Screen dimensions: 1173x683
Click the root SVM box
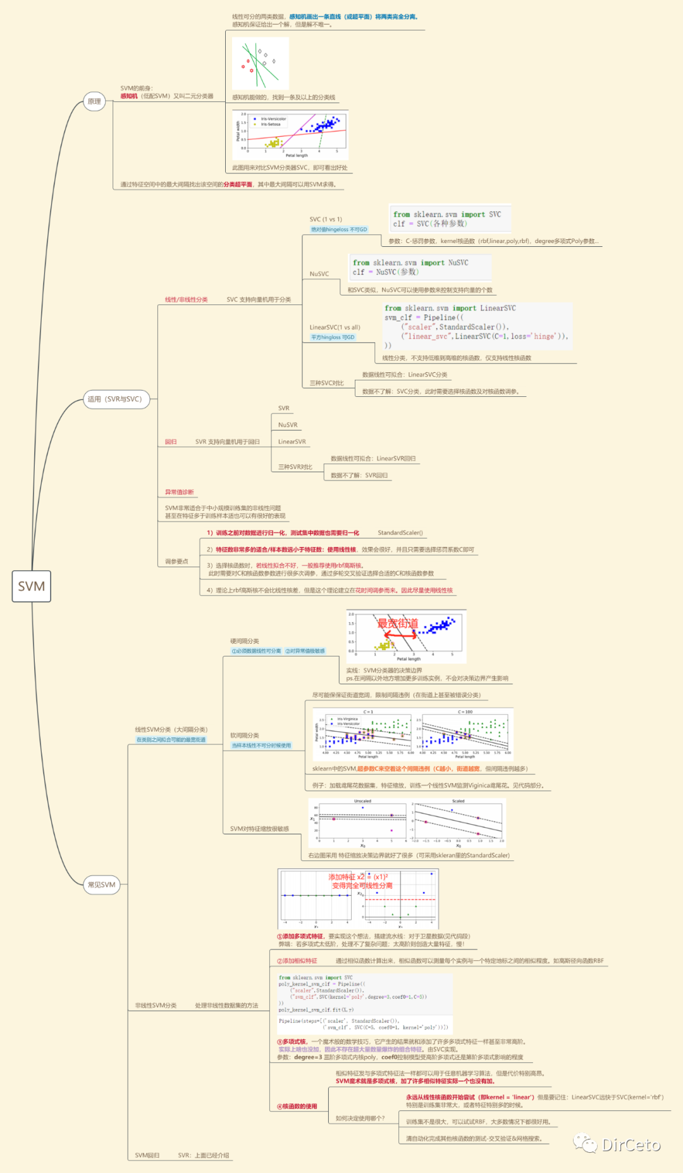[31, 586]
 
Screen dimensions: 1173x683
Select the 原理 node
[94, 101]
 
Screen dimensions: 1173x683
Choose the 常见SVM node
[101, 885]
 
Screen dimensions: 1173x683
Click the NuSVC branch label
[319, 274]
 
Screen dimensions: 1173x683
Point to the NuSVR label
[288, 425]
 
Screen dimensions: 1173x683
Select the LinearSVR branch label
[292, 442]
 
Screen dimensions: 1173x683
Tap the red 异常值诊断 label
[179, 492]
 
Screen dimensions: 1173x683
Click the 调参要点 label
[176, 561]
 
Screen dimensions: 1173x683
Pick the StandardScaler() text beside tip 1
[400, 533]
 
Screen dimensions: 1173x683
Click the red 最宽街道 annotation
[398, 624]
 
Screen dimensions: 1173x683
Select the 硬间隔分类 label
[244, 641]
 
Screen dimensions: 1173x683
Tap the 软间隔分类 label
[244, 736]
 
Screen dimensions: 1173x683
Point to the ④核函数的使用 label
[297, 1107]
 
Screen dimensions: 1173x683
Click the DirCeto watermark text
[631, 1145]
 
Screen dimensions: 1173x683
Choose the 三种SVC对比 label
[326, 384]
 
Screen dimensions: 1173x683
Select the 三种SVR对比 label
[295, 467]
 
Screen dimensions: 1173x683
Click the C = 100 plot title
[465, 712]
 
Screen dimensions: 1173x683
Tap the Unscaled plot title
[362, 801]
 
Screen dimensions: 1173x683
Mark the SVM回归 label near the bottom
[147, 1155]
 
